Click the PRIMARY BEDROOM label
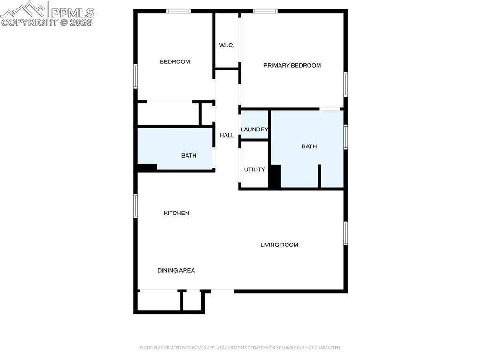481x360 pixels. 292,65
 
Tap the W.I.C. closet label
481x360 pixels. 226,46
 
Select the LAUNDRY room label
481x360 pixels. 254,130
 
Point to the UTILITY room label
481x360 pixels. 254,169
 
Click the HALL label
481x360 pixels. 226,135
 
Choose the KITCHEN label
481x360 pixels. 176,213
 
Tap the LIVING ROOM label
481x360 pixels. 279,245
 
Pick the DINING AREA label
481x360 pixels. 176,270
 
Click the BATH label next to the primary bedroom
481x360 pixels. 309,146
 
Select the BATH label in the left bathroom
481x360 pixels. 188,155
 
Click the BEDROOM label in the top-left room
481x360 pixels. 175,61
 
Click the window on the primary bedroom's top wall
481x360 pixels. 265,11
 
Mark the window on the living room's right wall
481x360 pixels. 345,233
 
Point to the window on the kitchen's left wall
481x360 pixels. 136,206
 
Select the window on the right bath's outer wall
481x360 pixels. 345,137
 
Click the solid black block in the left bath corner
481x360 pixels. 147,167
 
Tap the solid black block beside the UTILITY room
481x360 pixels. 275,176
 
